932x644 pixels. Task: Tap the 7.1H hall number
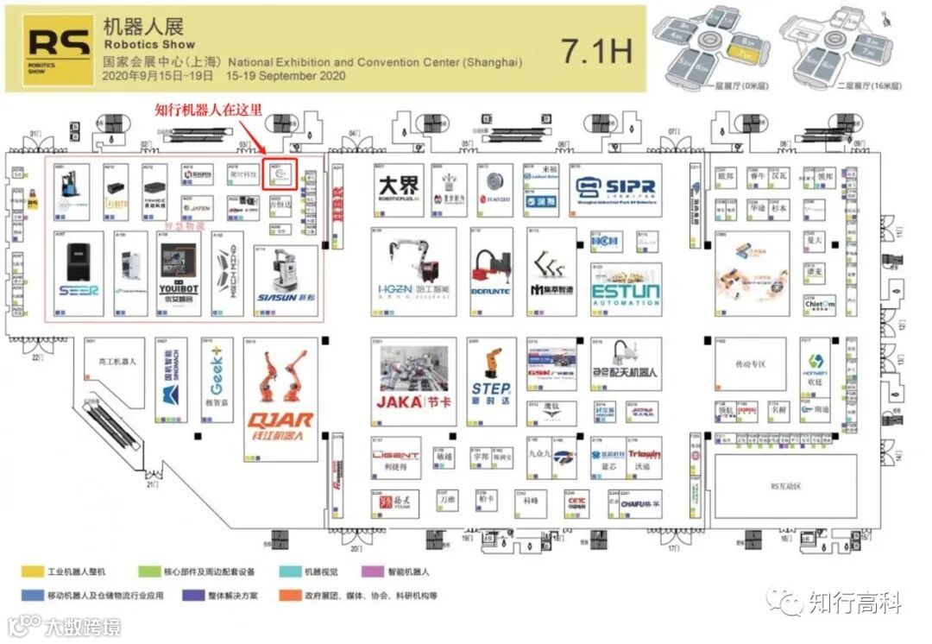point(596,50)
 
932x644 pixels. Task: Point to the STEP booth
point(490,380)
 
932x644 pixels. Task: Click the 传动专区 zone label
point(750,364)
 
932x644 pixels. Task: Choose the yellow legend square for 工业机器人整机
point(28,571)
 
